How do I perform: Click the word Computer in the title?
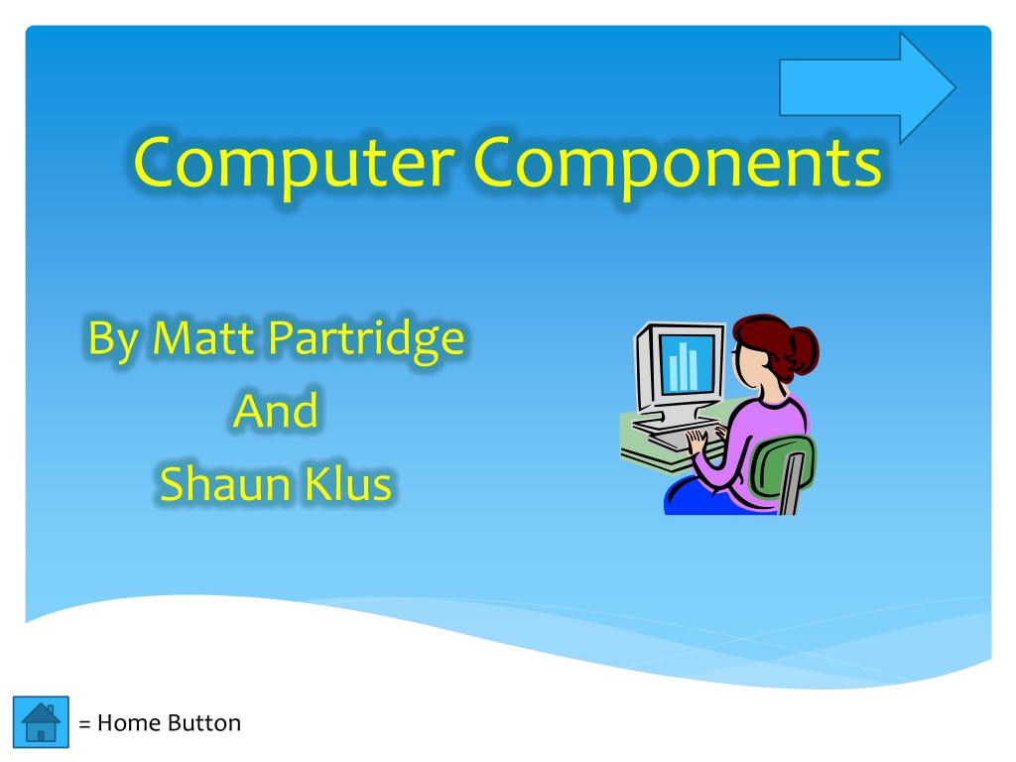pyautogui.click(x=294, y=165)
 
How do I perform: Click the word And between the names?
pyautogui.click(x=276, y=411)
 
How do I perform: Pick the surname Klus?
pyautogui.click(x=348, y=483)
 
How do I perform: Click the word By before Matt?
pyautogui.click(x=113, y=340)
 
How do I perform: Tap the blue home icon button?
pyautogui.click(x=41, y=722)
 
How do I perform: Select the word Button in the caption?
pyautogui.click(x=204, y=723)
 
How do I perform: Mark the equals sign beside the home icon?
pyautogui.click(x=84, y=723)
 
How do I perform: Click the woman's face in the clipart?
pyautogui.click(x=746, y=365)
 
